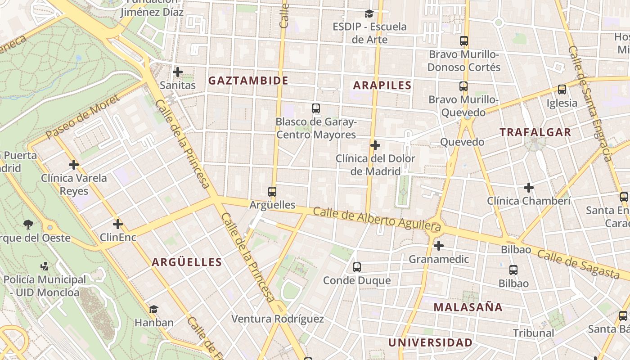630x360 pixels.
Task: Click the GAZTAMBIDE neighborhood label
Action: (x=248, y=81)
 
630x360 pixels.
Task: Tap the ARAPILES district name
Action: (x=382, y=85)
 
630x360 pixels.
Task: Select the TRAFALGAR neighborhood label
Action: (x=535, y=132)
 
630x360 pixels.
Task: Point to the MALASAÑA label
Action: (x=468, y=307)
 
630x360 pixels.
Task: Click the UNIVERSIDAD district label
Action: (x=430, y=342)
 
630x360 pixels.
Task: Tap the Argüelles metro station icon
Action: (x=272, y=192)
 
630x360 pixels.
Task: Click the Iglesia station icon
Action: (x=562, y=90)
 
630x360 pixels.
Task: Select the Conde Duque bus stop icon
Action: (x=357, y=267)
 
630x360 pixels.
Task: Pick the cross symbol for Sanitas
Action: (x=178, y=72)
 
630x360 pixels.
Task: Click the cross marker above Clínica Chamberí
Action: (x=529, y=187)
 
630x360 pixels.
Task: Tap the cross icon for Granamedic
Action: (x=439, y=246)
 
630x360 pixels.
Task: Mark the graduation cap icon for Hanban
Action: (x=154, y=309)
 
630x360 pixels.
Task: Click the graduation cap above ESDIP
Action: (x=369, y=13)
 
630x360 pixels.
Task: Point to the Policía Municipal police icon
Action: (x=44, y=266)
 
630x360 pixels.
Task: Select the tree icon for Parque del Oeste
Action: (x=28, y=224)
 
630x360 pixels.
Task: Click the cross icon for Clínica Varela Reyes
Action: (x=74, y=165)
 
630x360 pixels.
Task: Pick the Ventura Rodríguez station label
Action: (x=277, y=319)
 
